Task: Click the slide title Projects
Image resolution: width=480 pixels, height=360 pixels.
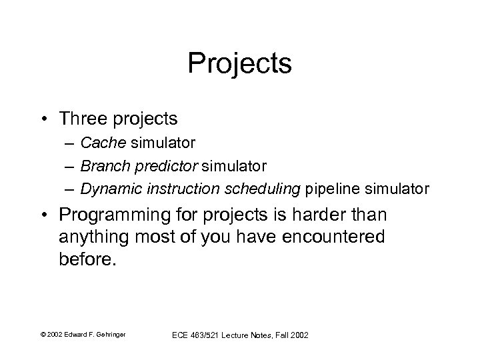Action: (239, 64)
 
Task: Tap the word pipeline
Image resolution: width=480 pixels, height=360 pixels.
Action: (329, 188)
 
